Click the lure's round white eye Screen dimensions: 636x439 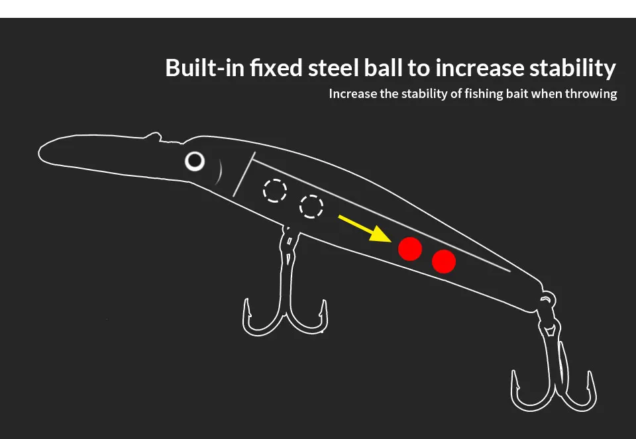(195, 161)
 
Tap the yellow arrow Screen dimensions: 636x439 (364, 229)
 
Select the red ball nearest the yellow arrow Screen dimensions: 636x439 (410, 249)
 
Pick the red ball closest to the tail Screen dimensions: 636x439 (444, 262)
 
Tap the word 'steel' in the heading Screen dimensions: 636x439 (333, 68)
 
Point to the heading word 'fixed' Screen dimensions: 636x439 (276, 68)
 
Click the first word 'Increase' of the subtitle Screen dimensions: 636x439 (353, 93)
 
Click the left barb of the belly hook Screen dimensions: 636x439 (246, 308)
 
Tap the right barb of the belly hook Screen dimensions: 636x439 (324, 309)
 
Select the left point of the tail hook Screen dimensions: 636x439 (515, 380)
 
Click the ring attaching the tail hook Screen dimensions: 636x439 (548, 299)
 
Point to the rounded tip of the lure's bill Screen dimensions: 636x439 (40, 154)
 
